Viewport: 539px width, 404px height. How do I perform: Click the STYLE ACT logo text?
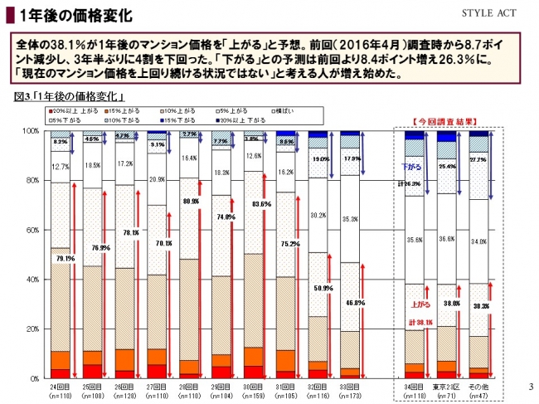(496, 14)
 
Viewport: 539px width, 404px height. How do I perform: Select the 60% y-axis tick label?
(31, 230)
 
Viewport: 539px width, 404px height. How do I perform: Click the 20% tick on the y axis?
(31, 329)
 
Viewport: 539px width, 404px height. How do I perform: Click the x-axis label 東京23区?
(447, 386)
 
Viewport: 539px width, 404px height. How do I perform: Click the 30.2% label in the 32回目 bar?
(318, 215)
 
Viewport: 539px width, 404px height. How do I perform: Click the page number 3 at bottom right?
(529, 387)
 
